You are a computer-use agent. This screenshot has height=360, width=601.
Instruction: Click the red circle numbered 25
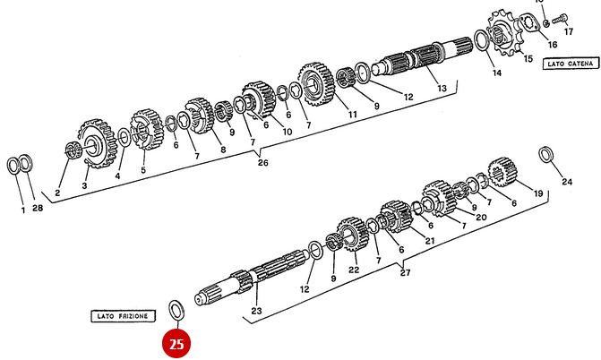pyautogui.click(x=176, y=342)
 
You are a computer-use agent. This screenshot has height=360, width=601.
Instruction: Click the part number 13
pyautogui.click(x=441, y=89)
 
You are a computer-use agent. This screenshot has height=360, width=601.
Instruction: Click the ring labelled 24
pyautogui.click(x=545, y=155)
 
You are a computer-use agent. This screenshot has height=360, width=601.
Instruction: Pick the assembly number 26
pyautogui.click(x=262, y=163)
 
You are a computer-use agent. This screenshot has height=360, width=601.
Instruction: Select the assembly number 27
pyautogui.click(x=405, y=272)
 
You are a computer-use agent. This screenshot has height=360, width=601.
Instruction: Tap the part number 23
pyautogui.click(x=256, y=311)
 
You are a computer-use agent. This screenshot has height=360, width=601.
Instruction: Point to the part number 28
pyautogui.click(x=37, y=209)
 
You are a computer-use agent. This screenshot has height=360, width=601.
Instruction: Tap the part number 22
pyautogui.click(x=354, y=269)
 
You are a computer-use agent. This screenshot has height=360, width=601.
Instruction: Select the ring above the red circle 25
pyautogui.click(x=177, y=310)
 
